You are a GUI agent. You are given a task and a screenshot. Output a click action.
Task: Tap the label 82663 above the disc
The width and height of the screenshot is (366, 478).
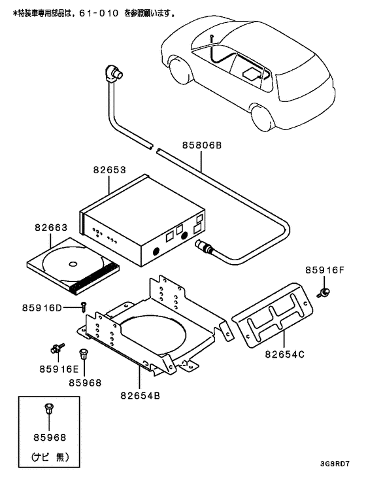(50, 228)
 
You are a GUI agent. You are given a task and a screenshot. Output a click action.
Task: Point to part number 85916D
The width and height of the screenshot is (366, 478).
(41, 307)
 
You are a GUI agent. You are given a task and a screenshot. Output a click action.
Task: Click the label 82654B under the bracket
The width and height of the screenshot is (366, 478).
(140, 394)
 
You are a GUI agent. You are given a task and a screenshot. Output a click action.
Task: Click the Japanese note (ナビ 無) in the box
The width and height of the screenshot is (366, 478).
(50, 456)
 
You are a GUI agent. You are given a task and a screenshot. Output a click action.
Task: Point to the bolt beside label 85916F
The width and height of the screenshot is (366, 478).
(323, 292)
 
